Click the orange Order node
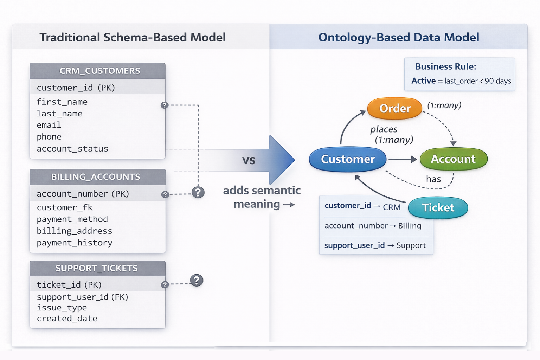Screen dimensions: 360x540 click(394, 108)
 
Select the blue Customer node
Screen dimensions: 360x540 click(348, 159)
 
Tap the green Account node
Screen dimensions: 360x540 click(453, 159)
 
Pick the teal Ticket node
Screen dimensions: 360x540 click(438, 207)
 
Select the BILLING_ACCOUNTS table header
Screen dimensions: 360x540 click(96, 177)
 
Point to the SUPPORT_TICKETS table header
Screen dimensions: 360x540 click(97, 268)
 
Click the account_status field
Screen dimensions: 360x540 click(72, 149)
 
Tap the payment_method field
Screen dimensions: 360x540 click(72, 219)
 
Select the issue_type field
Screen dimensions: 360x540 click(62, 308)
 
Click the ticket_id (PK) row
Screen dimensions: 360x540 click(69, 284)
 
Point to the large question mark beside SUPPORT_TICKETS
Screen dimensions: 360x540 click(197, 280)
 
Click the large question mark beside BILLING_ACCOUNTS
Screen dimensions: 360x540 click(198, 192)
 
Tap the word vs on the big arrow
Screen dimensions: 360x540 click(249, 160)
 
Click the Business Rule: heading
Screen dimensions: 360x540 click(445, 66)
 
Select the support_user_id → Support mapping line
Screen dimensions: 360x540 click(375, 245)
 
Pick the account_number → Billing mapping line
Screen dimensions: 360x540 click(373, 226)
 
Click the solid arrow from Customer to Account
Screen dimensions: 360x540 click(402, 159)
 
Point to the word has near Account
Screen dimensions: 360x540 click(433, 179)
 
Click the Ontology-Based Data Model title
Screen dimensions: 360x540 click(398, 37)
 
